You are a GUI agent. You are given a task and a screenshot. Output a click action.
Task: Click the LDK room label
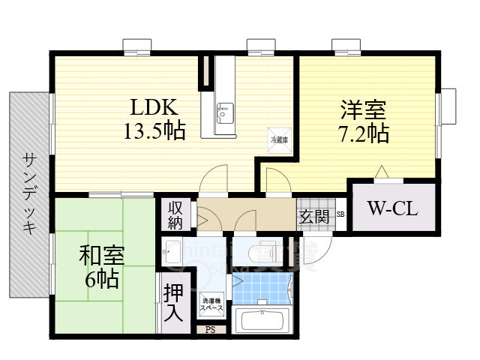[x=155, y=106]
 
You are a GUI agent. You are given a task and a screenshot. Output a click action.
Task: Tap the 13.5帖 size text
[x=155, y=131]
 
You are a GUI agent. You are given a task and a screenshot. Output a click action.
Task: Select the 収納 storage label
[x=175, y=215]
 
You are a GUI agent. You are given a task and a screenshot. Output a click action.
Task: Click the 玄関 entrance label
[x=314, y=218]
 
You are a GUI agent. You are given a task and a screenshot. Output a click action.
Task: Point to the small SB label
[x=340, y=214]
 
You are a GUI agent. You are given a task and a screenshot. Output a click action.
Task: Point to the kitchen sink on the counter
[x=223, y=112]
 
